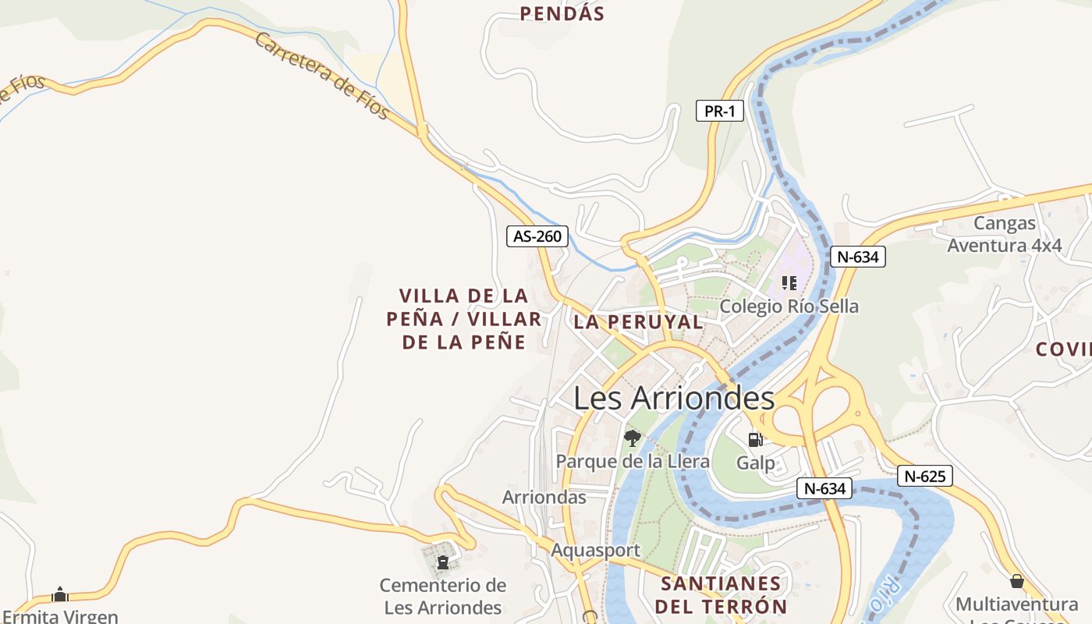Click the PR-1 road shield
coord(719,111)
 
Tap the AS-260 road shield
coord(537,236)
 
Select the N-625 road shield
coord(924,476)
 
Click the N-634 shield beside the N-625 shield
coord(825,488)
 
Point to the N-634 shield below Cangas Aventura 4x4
coord(857,256)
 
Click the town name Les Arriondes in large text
coord(674,398)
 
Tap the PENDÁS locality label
coord(562,13)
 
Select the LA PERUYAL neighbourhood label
coord(638,321)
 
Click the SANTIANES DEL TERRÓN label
coord(721,594)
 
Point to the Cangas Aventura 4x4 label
coord(1005,234)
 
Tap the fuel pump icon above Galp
coord(755,439)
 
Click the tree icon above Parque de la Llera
coord(632,438)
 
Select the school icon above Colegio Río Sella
coord(789,282)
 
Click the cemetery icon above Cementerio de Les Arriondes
coord(443,562)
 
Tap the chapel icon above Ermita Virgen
coord(60,595)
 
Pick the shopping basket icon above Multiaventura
coord(1016,581)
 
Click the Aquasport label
coord(595,550)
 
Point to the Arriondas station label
coord(544,497)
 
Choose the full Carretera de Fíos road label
coord(322,76)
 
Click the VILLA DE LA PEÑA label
coord(463,318)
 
